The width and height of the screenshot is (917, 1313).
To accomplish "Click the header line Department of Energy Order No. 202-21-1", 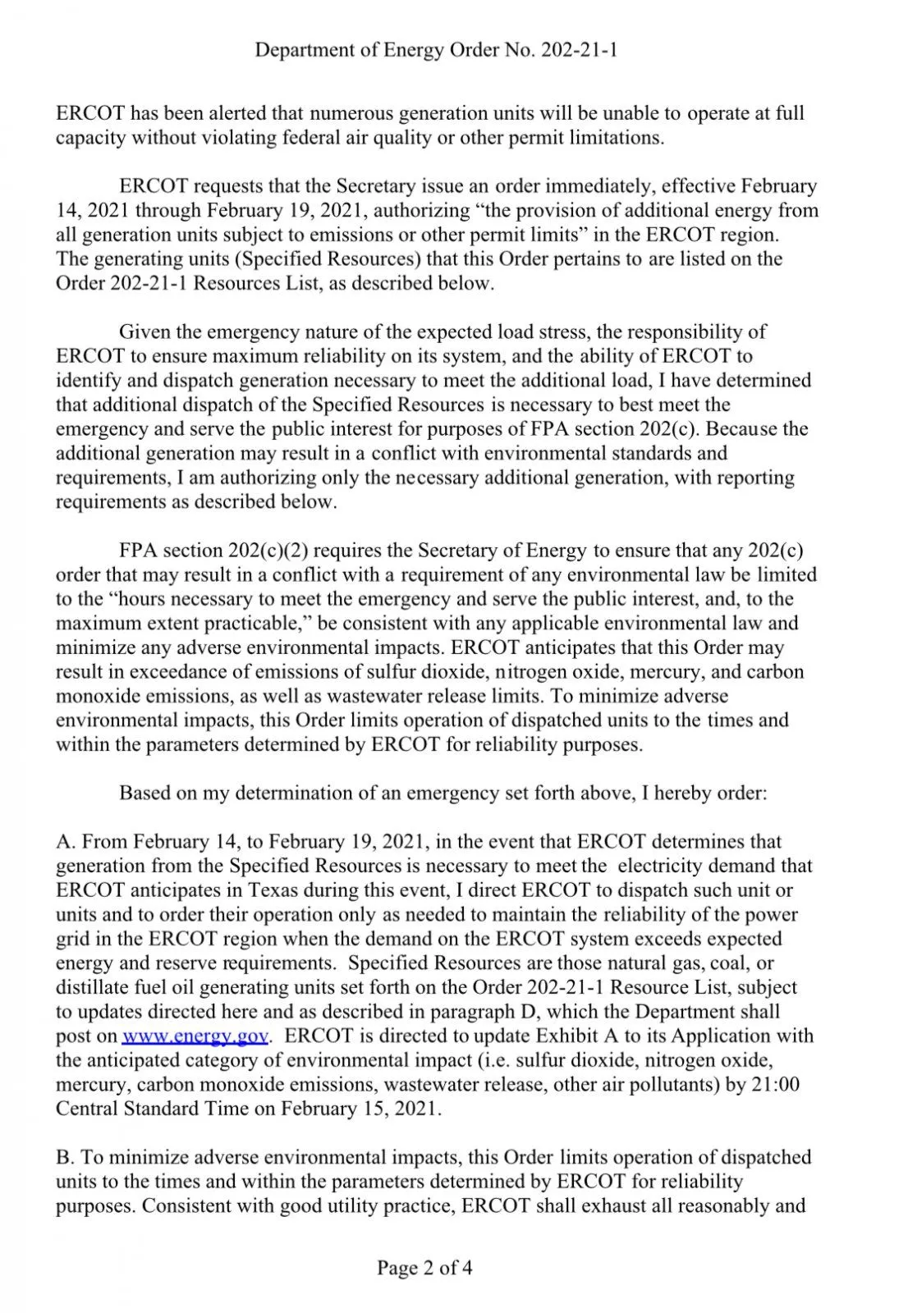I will tap(436, 51).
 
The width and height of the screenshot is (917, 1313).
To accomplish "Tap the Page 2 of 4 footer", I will tap(424, 1268).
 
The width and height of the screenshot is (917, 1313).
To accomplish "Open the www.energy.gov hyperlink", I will tap(195, 1036).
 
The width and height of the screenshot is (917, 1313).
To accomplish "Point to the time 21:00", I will tap(777, 1084).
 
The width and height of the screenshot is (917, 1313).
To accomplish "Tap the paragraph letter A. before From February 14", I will tap(66, 842).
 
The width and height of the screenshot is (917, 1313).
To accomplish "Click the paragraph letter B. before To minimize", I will tap(65, 1158).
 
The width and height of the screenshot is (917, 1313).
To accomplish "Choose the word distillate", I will tap(89, 987).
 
